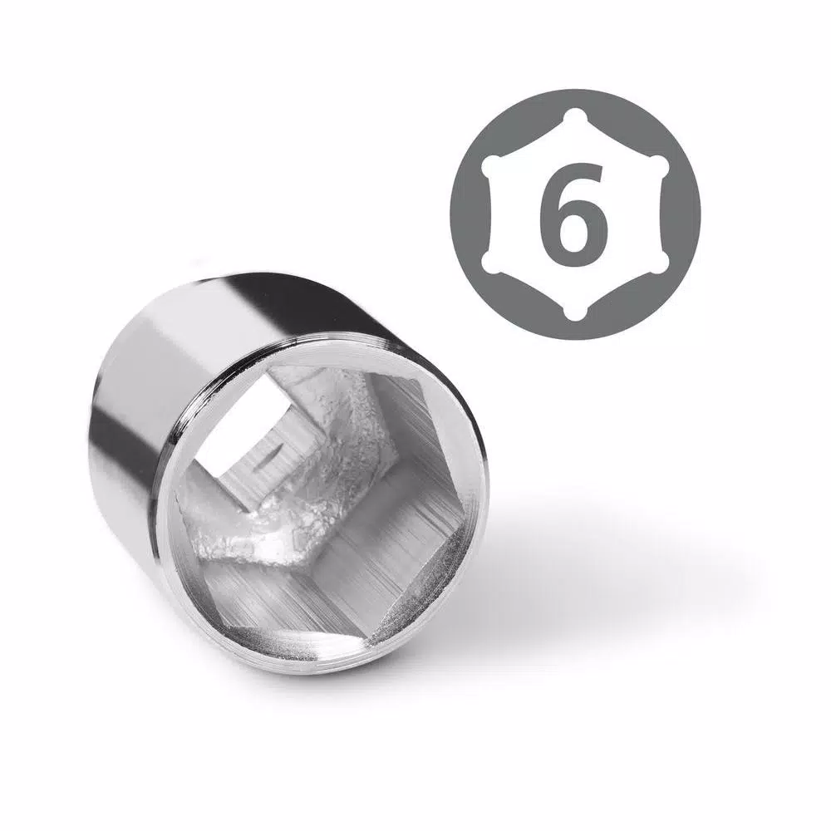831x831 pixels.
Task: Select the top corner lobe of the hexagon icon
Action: [575, 116]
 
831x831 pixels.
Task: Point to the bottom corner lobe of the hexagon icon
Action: [575, 312]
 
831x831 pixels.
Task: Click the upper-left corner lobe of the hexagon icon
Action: [491, 165]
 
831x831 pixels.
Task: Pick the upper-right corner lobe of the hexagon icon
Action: [659, 165]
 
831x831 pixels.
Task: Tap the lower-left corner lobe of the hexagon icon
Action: [491, 263]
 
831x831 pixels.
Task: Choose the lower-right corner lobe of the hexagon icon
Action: [659, 263]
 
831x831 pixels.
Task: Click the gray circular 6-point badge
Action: [575, 214]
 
